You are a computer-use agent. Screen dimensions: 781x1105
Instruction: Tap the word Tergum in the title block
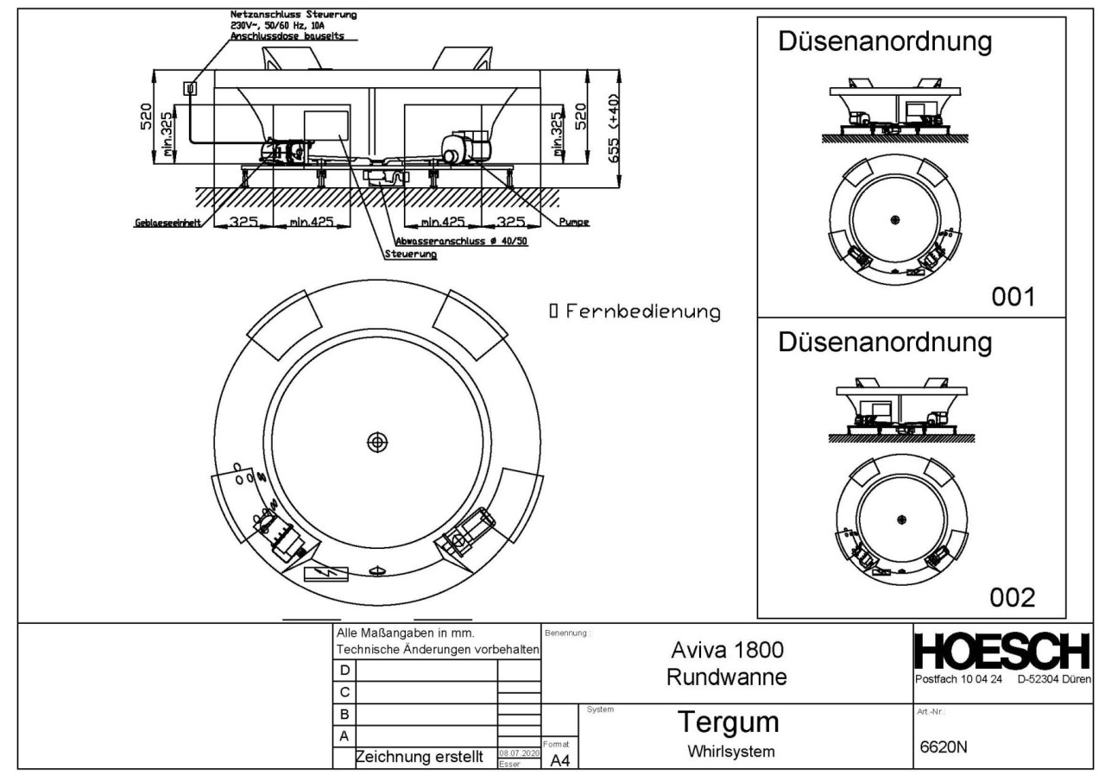coord(727,721)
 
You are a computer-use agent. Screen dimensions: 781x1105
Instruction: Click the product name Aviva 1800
coord(727,650)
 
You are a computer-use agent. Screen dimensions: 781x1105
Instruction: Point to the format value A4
coord(559,759)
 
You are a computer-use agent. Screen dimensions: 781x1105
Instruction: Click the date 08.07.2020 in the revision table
coord(520,753)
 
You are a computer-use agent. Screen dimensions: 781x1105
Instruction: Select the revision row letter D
coord(345,670)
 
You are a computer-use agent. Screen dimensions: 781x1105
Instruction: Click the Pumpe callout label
coord(573,223)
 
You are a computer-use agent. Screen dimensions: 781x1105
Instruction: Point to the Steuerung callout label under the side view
coord(410,255)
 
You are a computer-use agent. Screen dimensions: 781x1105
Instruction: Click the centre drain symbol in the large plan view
coord(376,442)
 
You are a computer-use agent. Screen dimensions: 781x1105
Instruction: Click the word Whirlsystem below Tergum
coord(727,751)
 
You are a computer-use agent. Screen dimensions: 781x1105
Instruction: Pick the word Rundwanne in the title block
coord(727,678)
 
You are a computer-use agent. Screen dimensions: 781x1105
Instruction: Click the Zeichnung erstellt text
coord(423,757)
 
